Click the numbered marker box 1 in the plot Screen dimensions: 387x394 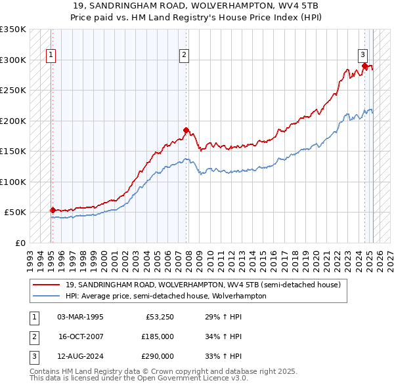pos(51,55)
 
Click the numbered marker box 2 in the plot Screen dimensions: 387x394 pos(185,55)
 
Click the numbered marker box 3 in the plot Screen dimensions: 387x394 pos(362,55)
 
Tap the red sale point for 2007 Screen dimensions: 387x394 pos(186,130)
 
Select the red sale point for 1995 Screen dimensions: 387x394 pos(53,210)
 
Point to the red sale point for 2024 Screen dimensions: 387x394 pos(364,66)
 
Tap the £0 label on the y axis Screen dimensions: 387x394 pos(20,243)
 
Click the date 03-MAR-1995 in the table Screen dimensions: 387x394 pos(81,317)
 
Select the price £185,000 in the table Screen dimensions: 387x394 pos(158,336)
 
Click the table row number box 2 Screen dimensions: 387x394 pos(33,336)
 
